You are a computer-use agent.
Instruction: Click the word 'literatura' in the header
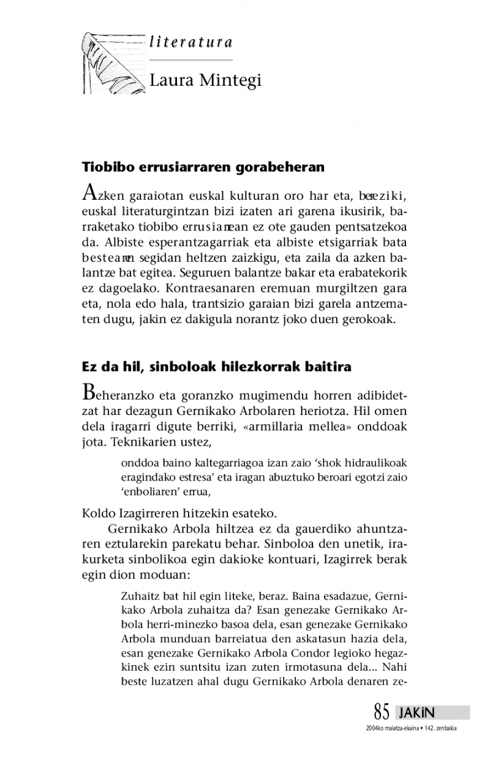190,42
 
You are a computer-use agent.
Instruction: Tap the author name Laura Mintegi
205,80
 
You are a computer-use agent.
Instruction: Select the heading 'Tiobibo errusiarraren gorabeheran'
203,166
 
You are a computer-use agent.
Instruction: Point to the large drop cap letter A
89,193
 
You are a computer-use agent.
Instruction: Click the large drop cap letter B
89,390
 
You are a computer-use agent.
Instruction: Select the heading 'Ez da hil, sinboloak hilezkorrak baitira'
216,367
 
